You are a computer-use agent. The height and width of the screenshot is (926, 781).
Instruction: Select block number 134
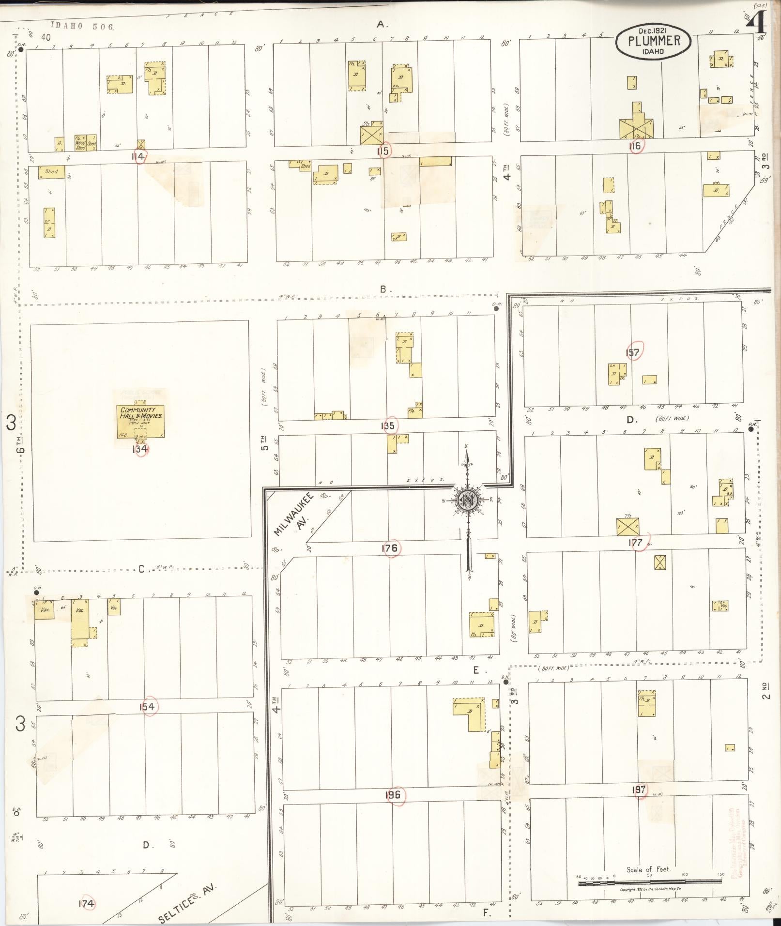(x=139, y=449)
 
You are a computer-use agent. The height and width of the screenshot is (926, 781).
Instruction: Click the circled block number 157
(x=632, y=352)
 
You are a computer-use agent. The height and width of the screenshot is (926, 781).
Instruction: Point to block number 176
(x=389, y=548)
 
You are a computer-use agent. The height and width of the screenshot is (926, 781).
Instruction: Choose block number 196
(x=393, y=795)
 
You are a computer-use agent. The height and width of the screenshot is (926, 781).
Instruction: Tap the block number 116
(x=635, y=145)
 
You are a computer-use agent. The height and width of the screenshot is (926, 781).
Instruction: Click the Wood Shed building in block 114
(x=80, y=143)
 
